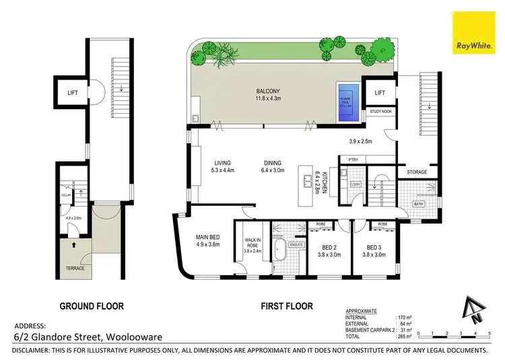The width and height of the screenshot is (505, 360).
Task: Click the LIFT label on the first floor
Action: [380, 93]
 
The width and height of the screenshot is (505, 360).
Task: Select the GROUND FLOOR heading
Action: [92, 305]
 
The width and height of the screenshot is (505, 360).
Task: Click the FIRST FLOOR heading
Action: [287, 305]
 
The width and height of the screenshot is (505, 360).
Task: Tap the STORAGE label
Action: [417, 172]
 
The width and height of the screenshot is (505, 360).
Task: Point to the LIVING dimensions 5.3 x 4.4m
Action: [222, 170]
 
